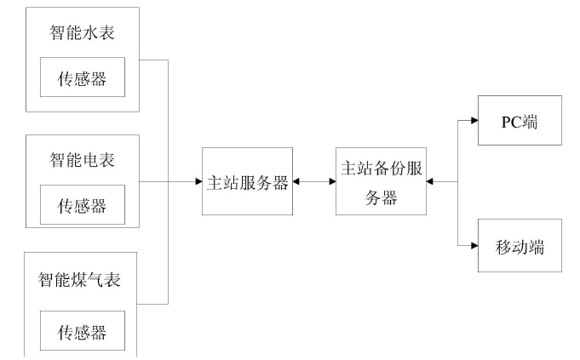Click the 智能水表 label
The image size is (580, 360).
pos(82,33)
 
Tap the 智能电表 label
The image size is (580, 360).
pos(82,159)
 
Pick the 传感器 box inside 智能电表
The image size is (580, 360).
pos(82,205)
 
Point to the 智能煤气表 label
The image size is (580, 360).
pos(82,278)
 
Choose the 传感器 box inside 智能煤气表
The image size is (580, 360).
pos(82,329)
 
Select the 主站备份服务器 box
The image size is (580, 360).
pos(381,182)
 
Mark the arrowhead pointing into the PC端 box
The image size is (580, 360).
pos(474,120)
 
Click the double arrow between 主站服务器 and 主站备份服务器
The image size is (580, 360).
pos(314,181)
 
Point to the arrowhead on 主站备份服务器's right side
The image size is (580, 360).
pos(429,181)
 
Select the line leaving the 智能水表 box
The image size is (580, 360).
pos(153,60)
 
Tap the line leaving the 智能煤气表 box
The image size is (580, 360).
pos(153,304)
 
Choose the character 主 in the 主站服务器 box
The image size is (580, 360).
pos(215,182)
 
